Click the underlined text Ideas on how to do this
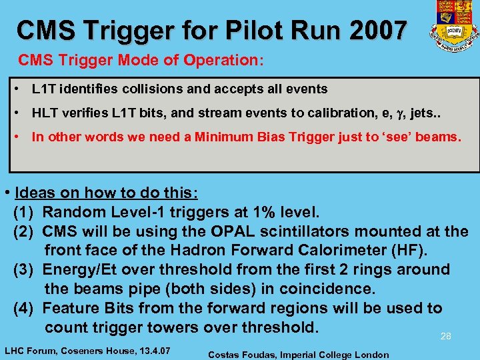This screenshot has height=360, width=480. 105,193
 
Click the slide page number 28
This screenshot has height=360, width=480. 446,337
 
